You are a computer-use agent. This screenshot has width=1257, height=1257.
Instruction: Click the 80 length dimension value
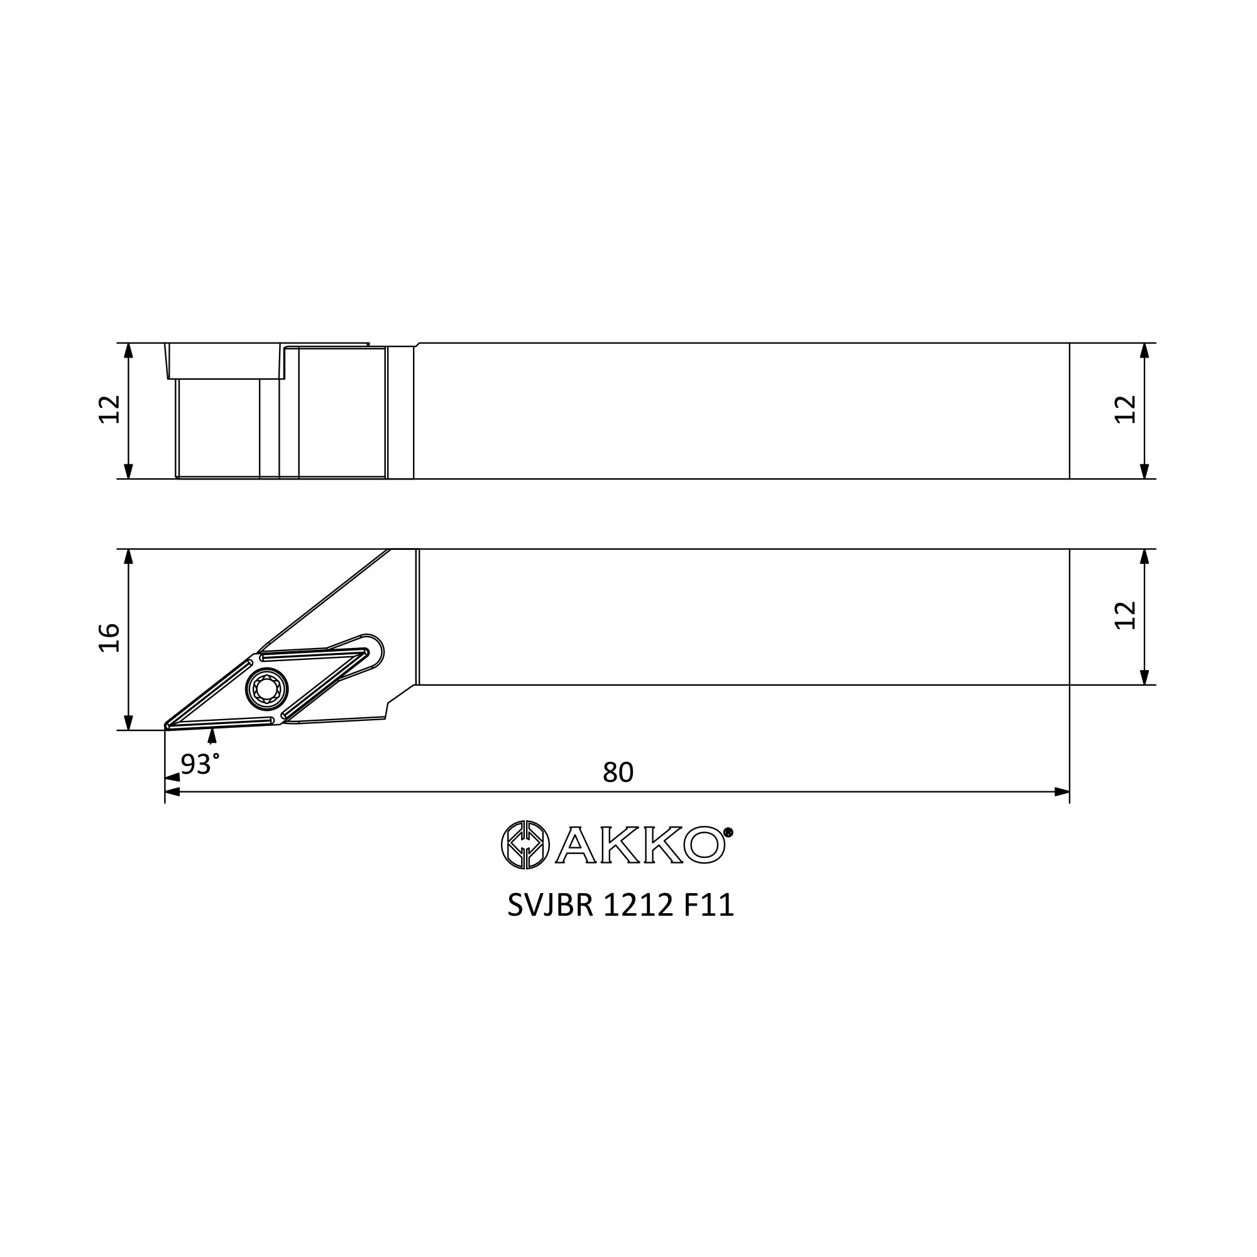tap(618, 772)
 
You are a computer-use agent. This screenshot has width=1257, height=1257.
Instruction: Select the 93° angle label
tap(200, 764)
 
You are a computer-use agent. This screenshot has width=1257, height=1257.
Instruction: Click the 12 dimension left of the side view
tap(109, 409)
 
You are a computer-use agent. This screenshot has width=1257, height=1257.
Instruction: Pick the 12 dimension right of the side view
tap(1126, 409)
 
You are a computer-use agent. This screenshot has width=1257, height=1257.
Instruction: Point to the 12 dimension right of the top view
tap(1126, 615)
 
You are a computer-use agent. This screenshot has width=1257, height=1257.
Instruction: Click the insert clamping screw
tap(266, 689)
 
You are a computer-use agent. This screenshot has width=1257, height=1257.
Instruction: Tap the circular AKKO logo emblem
tap(525, 845)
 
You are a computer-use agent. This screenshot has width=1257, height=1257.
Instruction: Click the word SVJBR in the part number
tap(551, 905)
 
